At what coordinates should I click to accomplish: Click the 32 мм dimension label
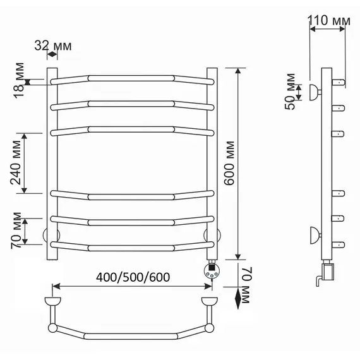tap(53, 45)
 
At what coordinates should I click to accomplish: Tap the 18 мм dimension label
tap(19, 80)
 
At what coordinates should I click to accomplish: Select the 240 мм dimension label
tap(16, 162)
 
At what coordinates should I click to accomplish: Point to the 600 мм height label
tap(229, 163)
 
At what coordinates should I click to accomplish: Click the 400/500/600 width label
tap(133, 277)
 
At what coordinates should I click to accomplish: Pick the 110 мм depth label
tap(329, 20)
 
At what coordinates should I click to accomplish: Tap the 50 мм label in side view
tap(290, 92)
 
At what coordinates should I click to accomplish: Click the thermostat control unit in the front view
tap(212, 270)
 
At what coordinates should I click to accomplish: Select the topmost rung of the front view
tap(132, 79)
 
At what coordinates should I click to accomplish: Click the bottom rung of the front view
tap(132, 247)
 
